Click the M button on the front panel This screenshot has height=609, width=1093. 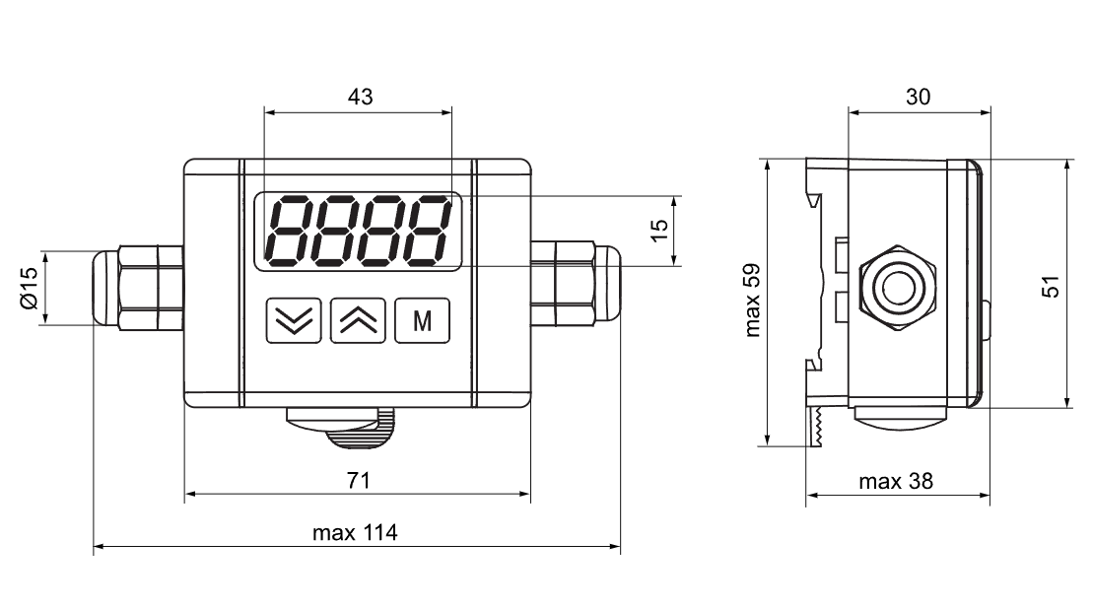(423, 320)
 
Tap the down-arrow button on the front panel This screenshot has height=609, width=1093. (294, 320)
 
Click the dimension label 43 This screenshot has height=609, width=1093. (361, 97)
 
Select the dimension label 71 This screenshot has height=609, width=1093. (359, 480)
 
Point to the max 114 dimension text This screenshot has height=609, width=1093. (355, 533)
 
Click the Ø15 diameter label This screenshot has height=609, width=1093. (29, 288)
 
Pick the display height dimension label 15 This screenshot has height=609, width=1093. (658, 231)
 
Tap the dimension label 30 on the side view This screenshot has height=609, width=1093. (918, 97)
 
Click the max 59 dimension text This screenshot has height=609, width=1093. (752, 301)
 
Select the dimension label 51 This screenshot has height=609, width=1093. (1051, 287)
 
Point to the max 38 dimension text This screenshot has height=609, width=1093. (896, 482)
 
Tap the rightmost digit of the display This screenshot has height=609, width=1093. (428, 231)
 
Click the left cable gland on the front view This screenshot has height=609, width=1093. (138, 287)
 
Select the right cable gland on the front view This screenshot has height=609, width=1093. (576, 283)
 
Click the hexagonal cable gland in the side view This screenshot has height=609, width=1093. (898, 287)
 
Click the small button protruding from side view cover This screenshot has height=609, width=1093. (987, 320)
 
